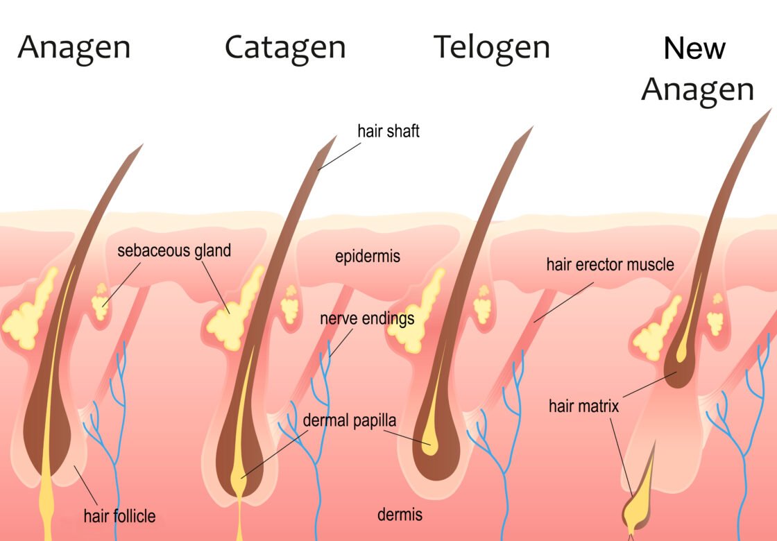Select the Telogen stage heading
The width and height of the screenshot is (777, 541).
pos(492,49)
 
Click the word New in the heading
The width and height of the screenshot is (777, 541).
pos(694,49)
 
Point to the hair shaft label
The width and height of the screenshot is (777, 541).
pos(388,131)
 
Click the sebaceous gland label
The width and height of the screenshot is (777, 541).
pos(174,250)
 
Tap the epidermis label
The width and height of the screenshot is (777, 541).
pos(368,257)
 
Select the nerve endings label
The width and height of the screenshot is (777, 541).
pos(367,318)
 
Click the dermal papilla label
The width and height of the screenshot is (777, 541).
pos(350,420)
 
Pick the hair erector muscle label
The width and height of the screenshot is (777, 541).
pos(610,264)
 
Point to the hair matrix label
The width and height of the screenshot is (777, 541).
pos(583,406)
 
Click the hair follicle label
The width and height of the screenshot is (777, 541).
pos(119,516)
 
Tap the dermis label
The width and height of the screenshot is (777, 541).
pos(400,514)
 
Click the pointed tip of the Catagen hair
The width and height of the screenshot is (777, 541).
pos(336,137)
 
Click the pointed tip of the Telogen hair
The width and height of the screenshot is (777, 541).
pos(531,128)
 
